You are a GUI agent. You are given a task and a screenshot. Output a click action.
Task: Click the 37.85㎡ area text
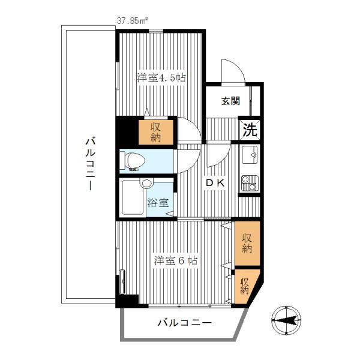[132, 21]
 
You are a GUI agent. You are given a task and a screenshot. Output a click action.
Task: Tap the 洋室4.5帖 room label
[161, 77]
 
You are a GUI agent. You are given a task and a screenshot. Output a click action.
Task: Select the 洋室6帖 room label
[176, 260]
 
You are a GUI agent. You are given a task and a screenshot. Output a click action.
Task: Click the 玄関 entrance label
[230, 101]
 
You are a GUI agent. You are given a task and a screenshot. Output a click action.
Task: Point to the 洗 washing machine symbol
[250, 130]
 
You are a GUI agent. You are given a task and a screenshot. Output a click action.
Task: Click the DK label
[215, 183]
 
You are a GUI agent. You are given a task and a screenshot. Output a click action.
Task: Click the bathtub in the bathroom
[133, 197]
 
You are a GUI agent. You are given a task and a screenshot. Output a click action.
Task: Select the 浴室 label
[158, 203]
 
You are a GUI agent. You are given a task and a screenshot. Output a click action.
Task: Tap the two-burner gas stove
[250, 184]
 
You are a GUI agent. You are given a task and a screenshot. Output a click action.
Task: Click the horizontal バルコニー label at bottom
[185, 323]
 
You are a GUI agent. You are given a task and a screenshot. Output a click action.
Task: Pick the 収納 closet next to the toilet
[156, 132]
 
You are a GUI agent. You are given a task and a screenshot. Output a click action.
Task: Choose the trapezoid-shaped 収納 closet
[245, 286]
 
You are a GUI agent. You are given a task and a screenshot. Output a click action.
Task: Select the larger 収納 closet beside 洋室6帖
[247, 244]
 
